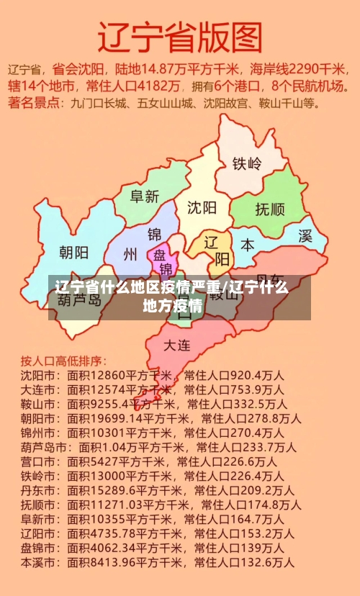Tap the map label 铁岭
(x=247, y=163)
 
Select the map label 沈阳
(x=202, y=208)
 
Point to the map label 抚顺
(x=270, y=209)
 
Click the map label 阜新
(x=144, y=196)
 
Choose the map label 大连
(x=177, y=345)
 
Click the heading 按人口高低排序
(x=63, y=359)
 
